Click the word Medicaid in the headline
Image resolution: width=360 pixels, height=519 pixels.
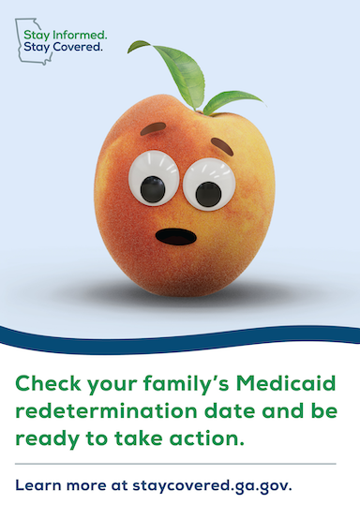point(286,383)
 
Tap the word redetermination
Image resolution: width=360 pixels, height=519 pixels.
point(106,411)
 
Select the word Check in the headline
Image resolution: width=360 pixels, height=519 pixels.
point(48,383)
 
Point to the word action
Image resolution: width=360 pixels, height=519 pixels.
point(207,438)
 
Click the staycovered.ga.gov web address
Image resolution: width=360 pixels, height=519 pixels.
point(212,486)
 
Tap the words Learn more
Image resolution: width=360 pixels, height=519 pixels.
point(61,485)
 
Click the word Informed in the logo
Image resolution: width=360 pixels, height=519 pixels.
point(80,35)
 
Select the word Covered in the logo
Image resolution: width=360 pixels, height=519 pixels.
point(78,47)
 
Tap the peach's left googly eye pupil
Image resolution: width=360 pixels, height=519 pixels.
point(153,189)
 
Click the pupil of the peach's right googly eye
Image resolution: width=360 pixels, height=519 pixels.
point(208,194)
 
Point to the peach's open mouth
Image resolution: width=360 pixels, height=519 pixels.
point(176,237)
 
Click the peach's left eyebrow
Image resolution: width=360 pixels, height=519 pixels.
point(153,128)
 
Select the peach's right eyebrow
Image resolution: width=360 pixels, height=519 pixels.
point(222,146)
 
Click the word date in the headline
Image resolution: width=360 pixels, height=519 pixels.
point(230,411)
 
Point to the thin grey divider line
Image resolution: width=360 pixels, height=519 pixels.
point(175,464)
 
